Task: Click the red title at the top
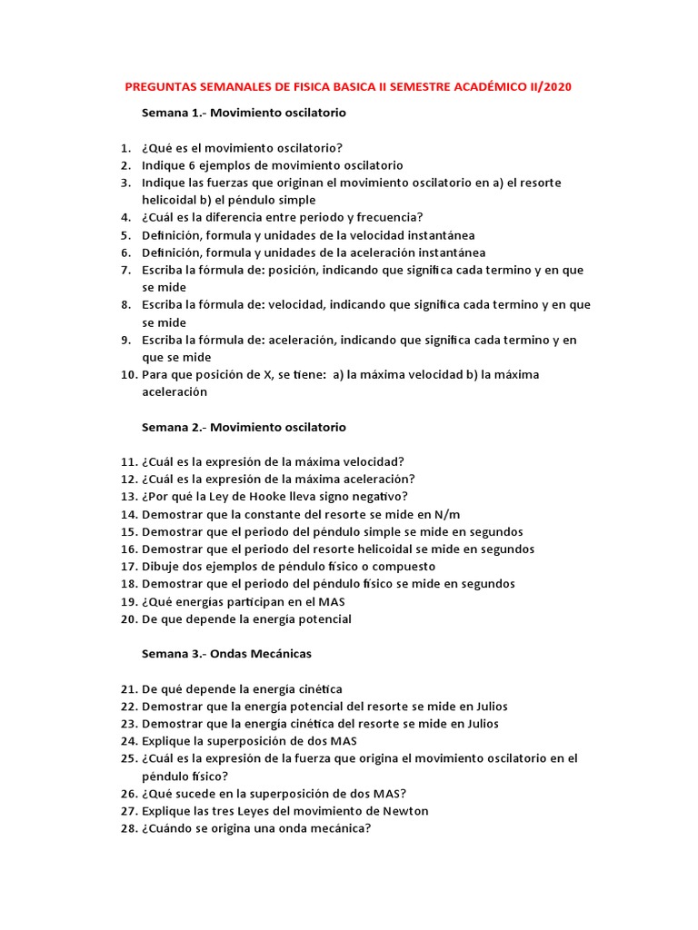coord(348,87)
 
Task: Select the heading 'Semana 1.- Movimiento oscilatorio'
coord(244,114)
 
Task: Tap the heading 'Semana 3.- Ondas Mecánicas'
coord(227,654)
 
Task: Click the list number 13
coord(126,497)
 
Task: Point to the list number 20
coord(126,619)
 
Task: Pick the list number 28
coord(126,828)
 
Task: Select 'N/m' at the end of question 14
coord(444,514)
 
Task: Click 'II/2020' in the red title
coord(550,87)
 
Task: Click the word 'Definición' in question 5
coord(170,235)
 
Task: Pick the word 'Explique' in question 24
coord(166,741)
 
